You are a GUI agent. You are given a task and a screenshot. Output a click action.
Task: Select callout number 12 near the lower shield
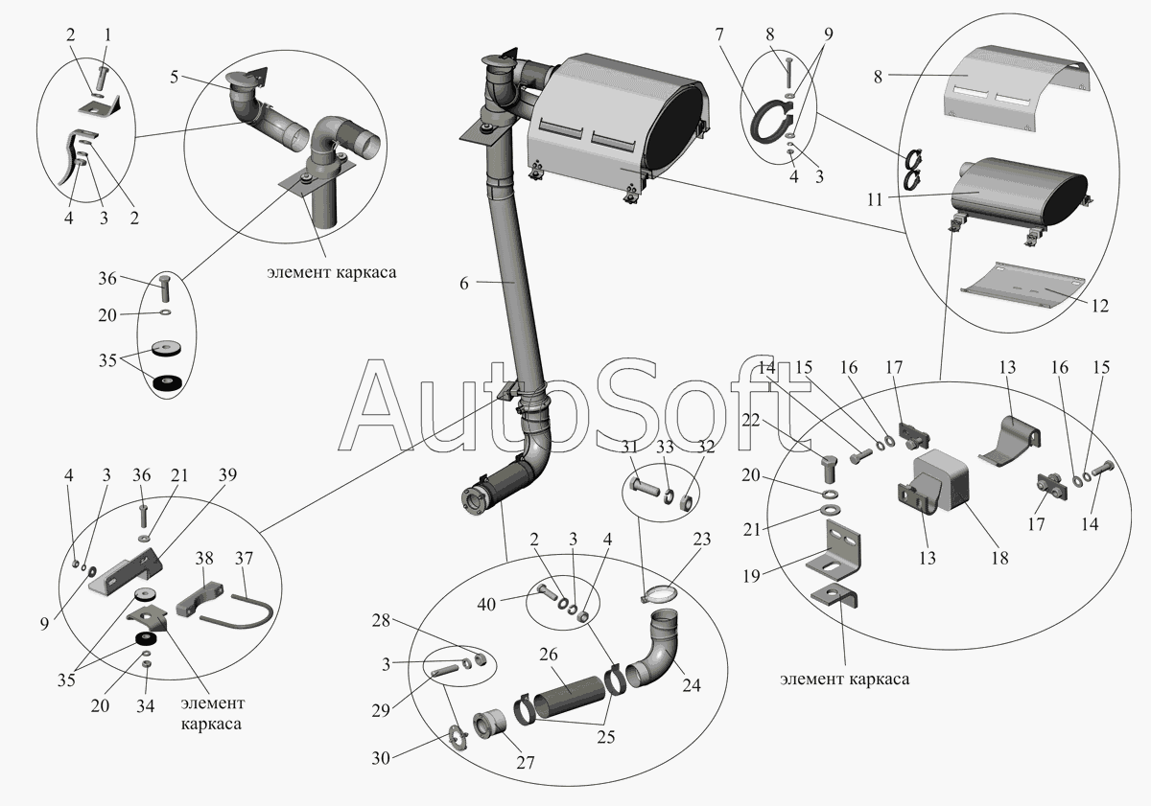point(1099,307)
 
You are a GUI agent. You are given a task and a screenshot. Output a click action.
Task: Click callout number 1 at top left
point(106,35)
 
